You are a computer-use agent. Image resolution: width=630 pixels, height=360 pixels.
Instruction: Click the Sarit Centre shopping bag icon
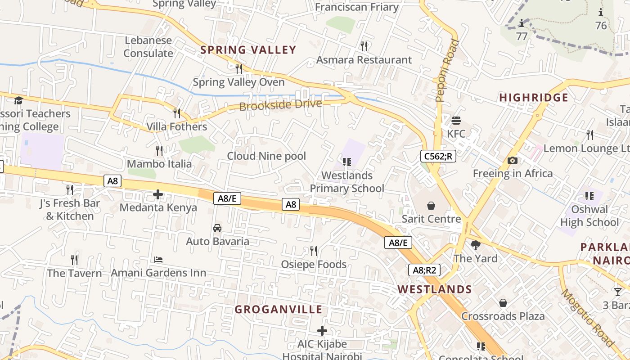pos(431,206)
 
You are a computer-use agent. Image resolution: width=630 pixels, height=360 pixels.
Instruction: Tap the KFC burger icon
pos(456,121)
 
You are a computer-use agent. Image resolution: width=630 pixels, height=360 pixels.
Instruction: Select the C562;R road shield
pos(438,156)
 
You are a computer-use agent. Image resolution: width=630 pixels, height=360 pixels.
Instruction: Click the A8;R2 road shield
pos(424,270)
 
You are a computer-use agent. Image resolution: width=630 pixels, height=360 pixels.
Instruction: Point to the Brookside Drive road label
pos(280,105)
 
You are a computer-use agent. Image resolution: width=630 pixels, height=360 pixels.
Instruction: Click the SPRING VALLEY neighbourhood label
pos(248,50)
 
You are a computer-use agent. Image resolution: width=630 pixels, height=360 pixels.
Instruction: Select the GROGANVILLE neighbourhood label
pos(279,310)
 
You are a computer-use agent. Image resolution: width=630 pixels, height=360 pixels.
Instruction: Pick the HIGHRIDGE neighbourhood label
pos(534,98)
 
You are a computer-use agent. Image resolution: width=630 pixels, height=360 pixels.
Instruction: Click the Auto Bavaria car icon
pos(217,228)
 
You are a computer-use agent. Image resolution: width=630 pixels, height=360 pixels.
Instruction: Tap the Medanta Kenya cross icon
pos(158,194)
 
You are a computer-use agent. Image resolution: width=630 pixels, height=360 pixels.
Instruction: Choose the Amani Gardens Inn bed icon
pos(158,260)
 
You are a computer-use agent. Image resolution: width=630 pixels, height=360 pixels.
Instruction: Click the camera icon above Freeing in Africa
pos(512,160)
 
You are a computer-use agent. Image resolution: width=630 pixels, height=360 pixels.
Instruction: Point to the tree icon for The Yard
pos(475,245)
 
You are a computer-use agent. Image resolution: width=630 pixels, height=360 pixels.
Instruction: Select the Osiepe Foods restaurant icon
pos(314,251)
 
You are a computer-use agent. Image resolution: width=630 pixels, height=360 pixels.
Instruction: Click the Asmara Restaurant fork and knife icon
pos(364,46)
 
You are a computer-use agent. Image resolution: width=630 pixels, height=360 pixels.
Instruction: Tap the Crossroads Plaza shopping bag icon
pos(503,303)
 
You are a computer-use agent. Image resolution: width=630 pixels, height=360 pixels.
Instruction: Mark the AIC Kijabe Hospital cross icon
pos(322,331)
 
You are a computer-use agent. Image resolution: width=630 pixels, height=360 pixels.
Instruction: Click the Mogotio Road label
pos(588,318)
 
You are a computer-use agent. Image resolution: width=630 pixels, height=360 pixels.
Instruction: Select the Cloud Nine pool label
pos(266,156)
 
